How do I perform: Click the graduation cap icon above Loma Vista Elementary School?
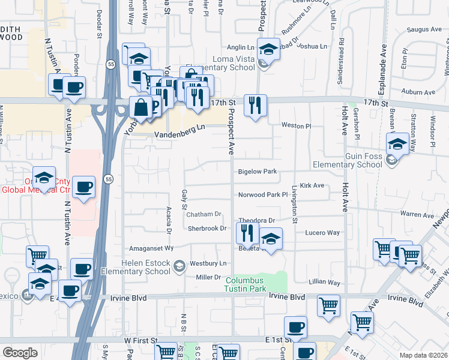[x=268, y=49]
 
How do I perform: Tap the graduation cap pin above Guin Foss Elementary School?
[x=397, y=143]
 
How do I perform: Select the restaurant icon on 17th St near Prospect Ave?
[x=255, y=106]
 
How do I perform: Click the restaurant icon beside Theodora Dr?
[x=247, y=232]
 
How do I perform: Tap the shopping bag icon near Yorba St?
[x=140, y=109]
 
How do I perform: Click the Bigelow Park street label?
[x=257, y=172]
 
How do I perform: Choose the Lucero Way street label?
[x=323, y=232]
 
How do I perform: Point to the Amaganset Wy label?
[x=152, y=247]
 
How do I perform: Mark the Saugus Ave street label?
[x=424, y=29]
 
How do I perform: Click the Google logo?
[x=20, y=352]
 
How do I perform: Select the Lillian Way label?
[x=325, y=282]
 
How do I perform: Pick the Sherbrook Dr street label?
[x=206, y=228]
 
